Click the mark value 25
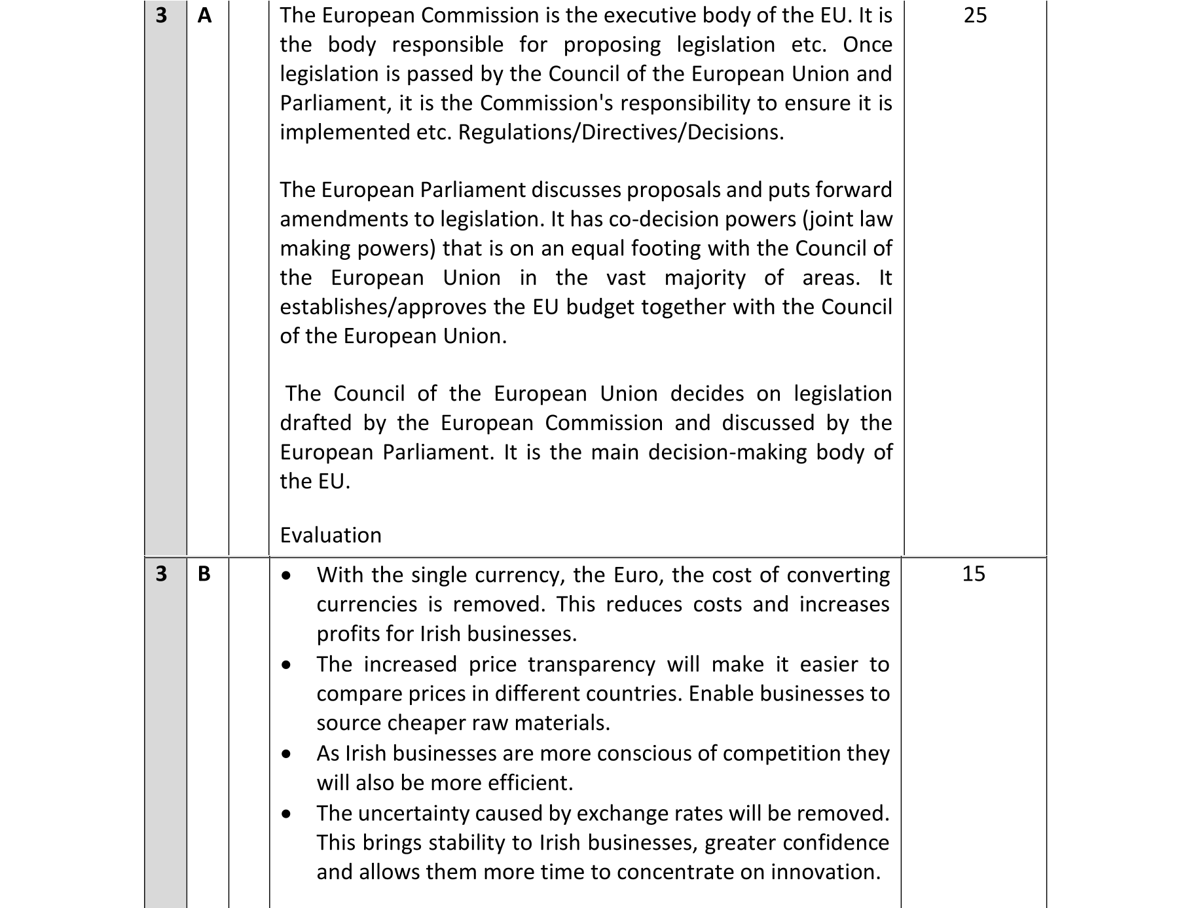tap(975, 15)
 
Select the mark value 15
tap(974, 573)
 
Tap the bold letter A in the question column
tap(204, 15)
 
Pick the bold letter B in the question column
tap(204, 573)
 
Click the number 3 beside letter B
tap(161, 573)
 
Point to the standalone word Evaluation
tap(331, 535)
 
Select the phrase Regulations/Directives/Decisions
tap(620, 132)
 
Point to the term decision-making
tap(727, 452)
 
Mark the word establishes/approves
tap(392, 307)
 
